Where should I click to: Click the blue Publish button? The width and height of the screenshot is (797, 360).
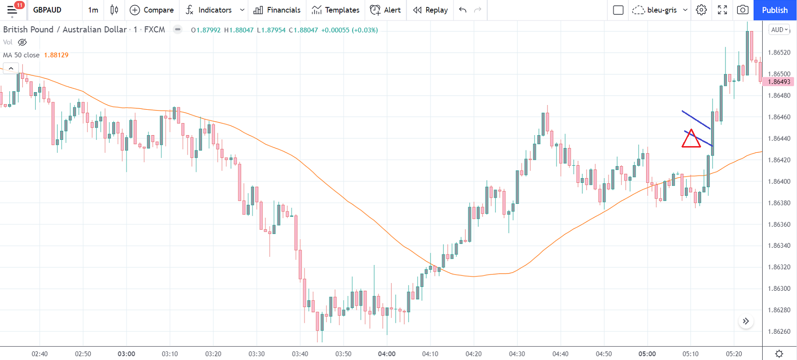(775, 10)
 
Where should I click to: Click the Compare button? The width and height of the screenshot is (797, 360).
(152, 10)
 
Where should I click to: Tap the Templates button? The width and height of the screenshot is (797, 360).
(336, 10)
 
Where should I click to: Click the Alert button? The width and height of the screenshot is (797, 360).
(386, 10)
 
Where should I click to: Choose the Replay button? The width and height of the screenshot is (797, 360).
(430, 10)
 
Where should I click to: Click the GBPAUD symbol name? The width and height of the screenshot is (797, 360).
(47, 10)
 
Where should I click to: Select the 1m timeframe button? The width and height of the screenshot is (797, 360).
(93, 10)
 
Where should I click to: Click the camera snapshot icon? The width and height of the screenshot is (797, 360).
(743, 10)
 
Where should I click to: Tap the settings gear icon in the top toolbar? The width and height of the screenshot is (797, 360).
(701, 10)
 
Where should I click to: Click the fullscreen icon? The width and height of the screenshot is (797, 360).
(723, 10)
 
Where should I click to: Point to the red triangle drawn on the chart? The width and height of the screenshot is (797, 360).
(691, 140)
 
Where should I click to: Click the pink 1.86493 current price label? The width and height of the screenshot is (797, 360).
(779, 82)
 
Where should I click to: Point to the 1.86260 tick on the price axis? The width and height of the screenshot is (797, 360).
(779, 331)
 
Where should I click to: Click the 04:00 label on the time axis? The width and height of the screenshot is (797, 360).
(387, 354)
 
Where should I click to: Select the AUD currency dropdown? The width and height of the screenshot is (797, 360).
(779, 30)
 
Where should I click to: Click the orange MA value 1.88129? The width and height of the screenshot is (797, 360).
(56, 55)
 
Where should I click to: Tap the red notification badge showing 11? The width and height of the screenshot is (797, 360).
(19, 5)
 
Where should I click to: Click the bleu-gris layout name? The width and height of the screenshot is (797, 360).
(661, 10)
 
